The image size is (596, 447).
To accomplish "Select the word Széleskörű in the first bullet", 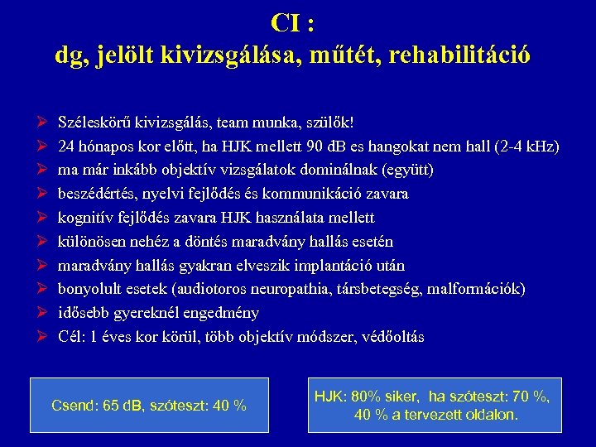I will coord(94,123).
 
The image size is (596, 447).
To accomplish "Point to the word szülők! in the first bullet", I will coord(330,123).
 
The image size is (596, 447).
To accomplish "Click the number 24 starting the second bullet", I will coord(66,147).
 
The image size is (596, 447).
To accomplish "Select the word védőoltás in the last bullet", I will coord(390,337).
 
